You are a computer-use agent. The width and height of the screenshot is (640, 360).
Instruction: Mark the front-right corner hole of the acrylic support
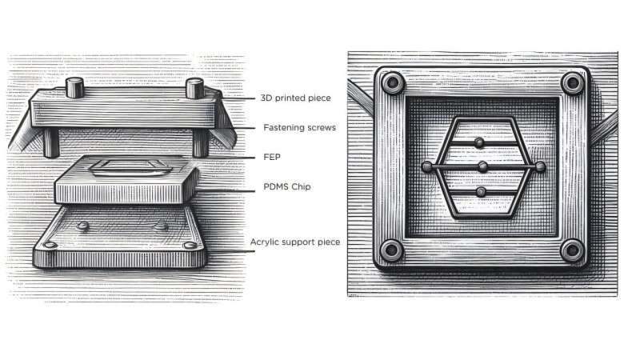189,245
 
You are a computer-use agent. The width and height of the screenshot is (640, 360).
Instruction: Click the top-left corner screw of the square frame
391,83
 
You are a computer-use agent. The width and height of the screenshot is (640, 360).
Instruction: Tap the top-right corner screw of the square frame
571,83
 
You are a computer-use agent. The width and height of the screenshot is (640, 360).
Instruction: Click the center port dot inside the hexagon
482,166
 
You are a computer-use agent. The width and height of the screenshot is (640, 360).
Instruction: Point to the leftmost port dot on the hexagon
426,166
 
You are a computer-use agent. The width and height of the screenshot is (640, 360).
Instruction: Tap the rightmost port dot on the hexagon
540,166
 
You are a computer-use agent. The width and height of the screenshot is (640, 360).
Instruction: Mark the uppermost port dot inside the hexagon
479,142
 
